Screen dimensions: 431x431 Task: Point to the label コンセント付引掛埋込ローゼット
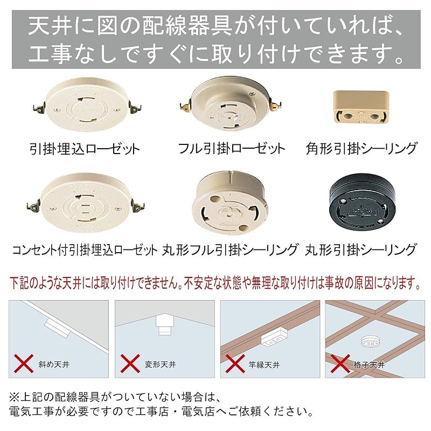pyautogui.click(x=84, y=249)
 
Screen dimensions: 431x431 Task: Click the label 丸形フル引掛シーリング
pyautogui.click(x=230, y=249)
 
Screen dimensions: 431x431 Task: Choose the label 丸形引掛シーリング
pyautogui.click(x=360, y=249)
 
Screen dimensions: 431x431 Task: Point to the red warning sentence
pyautogui.click(x=215, y=282)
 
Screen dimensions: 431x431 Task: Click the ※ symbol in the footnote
pyautogui.click(x=15, y=398)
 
